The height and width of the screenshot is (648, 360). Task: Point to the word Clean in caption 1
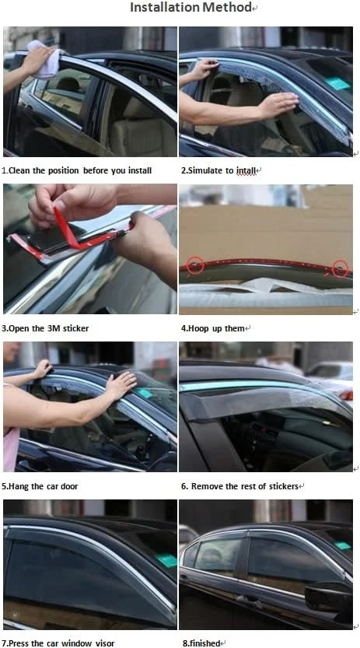point(20,170)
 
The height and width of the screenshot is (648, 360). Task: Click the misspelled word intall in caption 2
point(246,170)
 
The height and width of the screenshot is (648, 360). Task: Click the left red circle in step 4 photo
point(195,266)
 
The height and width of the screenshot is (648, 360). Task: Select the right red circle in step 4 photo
point(339,269)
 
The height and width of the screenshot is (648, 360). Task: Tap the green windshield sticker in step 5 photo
point(145,393)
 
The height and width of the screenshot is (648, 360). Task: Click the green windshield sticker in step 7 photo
point(166,561)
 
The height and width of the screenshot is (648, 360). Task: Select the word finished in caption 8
point(206,643)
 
